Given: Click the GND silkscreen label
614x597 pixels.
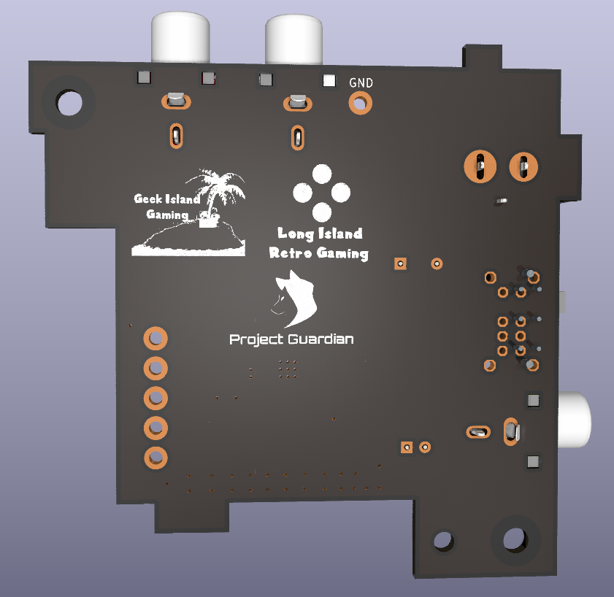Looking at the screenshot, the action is tap(361, 83).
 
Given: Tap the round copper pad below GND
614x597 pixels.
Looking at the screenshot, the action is tap(359, 104).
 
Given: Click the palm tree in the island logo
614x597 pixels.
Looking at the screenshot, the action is tap(215, 190).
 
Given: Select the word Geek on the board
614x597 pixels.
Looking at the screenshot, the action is tap(148, 199).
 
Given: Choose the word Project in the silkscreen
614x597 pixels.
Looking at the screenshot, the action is tap(256, 339).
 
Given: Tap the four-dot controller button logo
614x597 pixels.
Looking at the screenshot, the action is tap(321, 193).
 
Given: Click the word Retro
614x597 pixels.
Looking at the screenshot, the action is tap(291, 253).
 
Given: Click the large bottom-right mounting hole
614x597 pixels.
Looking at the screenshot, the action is tap(515, 539).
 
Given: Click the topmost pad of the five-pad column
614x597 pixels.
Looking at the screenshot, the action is tap(155, 339).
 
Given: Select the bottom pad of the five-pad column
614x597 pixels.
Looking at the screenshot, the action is tap(155, 457).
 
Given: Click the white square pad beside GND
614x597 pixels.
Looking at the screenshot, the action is tap(329, 81).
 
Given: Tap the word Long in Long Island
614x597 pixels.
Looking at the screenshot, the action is tap(297, 234).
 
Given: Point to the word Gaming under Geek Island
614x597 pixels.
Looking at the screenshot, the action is tap(167, 215).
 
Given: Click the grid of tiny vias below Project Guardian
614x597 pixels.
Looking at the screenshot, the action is tap(288, 369).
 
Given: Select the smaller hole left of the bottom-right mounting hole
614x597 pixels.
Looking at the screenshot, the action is tap(443, 541).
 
